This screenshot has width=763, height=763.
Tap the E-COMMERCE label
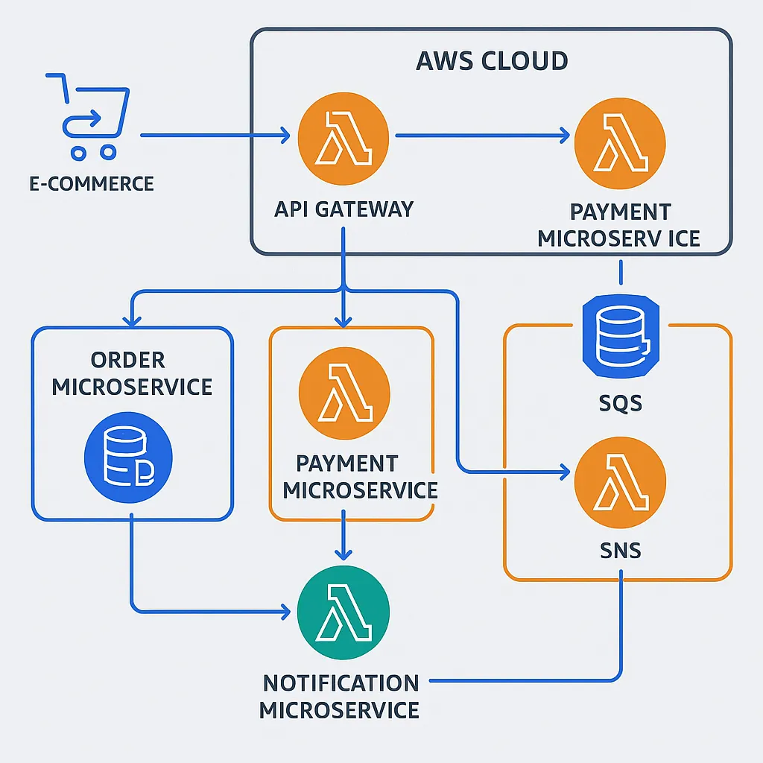[x=92, y=183]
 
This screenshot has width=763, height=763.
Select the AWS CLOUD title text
[x=491, y=60]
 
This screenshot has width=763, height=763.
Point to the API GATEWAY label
[x=343, y=209]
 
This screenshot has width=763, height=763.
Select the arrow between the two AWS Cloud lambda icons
[x=481, y=136]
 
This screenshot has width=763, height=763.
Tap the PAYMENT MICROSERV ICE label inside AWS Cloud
[x=619, y=225]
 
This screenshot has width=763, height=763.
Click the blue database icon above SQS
[x=620, y=333]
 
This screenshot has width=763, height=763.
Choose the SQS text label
[x=620, y=404]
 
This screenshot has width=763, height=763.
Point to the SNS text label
[x=620, y=551]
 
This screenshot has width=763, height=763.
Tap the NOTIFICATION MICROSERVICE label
[x=340, y=696]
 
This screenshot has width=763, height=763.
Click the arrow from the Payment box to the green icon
[x=342, y=535]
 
